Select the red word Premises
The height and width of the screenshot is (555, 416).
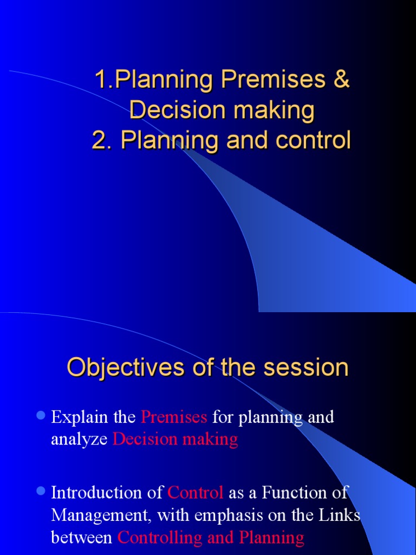coord(174,417)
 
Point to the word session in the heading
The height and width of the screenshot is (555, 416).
coord(306,367)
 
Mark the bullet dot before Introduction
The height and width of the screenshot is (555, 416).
coord(40,491)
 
